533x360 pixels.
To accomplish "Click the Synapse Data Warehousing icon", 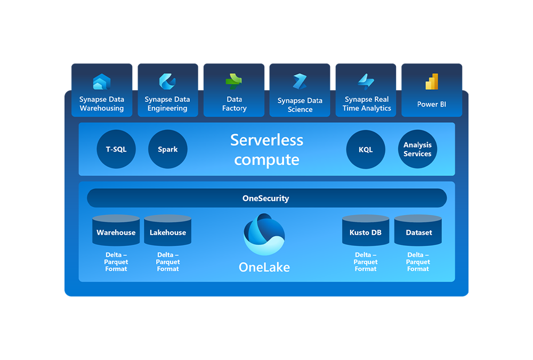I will click(101, 82).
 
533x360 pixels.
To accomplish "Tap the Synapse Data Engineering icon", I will click(167, 82).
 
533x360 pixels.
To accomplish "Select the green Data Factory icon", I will click(233, 81).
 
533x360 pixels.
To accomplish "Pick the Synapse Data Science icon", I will click(300, 82).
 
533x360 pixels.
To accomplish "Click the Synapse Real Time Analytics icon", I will click(366, 81).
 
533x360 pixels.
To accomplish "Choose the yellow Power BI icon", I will click(432, 82).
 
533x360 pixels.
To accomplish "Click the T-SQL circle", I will click(116, 149).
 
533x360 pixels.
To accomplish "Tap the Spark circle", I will click(167, 149).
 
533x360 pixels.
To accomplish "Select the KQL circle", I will click(366, 149).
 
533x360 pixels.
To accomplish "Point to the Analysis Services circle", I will click(417, 149).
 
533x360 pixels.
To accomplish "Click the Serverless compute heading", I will click(266, 149).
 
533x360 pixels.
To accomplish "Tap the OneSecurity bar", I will click(266, 198).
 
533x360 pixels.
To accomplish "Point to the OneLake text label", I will click(264, 267).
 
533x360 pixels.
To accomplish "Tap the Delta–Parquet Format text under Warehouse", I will click(116, 262).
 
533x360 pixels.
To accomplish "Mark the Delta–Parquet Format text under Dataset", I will click(418, 262).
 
